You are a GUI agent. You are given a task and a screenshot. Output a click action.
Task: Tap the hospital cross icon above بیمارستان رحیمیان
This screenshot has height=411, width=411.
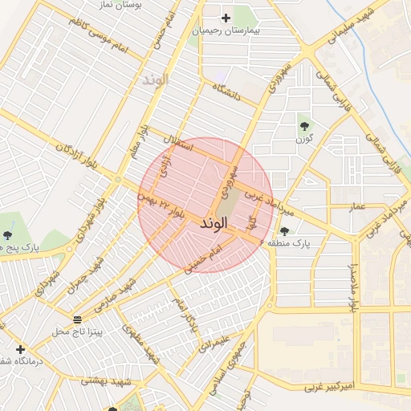pyautogui.click(x=226, y=18)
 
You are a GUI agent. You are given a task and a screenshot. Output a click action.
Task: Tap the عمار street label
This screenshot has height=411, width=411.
pyautogui.click(x=357, y=207)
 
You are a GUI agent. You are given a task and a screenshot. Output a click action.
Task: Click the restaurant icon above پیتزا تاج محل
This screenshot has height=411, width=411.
pyautogui.click(x=76, y=319)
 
